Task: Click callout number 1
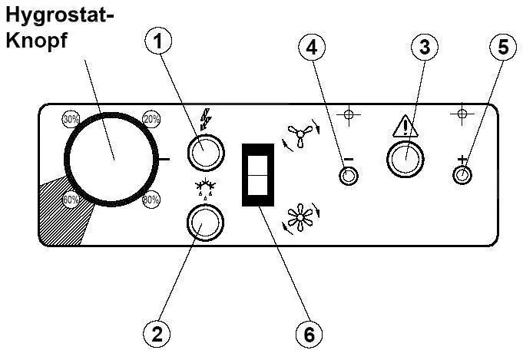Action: (158, 41)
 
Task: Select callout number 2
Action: (157, 334)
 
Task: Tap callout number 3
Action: (424, 47)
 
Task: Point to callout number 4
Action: (312, 47)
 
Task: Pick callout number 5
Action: (503, 47)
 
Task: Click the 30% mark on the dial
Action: (71, 119)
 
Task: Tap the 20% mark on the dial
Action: (151, 119)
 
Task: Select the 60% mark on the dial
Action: (71, 200)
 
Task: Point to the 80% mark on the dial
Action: (151, 200)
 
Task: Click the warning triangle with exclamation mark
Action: (405, 126)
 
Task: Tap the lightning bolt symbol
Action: (206, 119)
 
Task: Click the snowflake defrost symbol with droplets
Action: (205, 188)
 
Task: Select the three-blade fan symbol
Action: (300, 135)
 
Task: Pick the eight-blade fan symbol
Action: (300, 217)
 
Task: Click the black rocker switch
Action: (258, 175)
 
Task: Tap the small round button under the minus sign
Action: (349, 176)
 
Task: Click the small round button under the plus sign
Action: (462, 175)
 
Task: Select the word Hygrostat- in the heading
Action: (60, 16)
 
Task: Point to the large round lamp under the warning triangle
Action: (405, 160)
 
